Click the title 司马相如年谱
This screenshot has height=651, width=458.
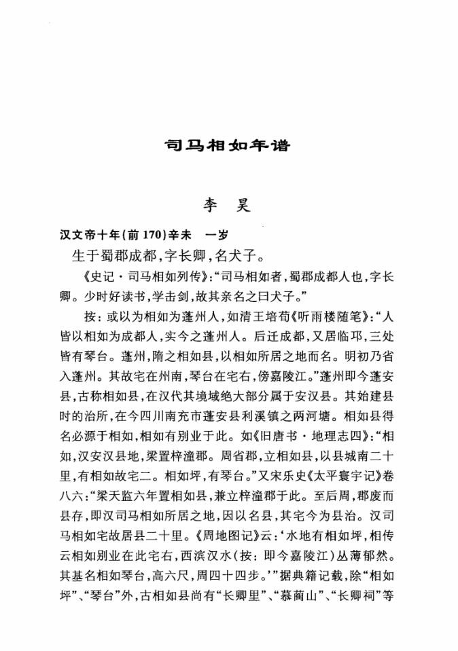tap(228, 145)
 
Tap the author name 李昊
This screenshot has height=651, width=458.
tap(228, 204)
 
